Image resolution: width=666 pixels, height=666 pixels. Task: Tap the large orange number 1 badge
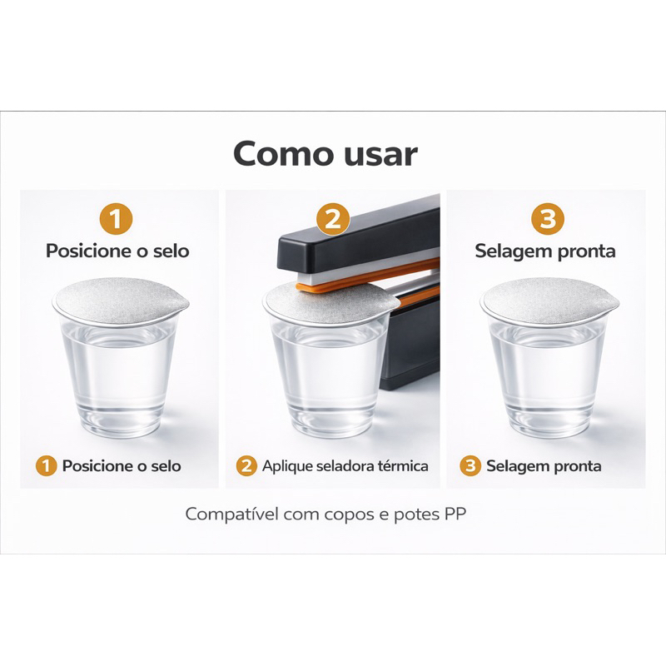tap(116, 219)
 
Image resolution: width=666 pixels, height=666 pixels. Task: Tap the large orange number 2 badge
tap(333, 219)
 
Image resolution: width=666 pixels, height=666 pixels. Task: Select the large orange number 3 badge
tap(548, 219)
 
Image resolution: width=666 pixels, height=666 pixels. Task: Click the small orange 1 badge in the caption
tap(47, 465)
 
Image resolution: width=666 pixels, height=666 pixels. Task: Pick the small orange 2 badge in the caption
tap(246, 465)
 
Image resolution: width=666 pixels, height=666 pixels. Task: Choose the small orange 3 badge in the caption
tap(470, 465)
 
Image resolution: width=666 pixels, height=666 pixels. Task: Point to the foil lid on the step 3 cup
tap(549, 304)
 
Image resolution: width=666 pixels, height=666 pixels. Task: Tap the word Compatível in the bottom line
tap(232, 514)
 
